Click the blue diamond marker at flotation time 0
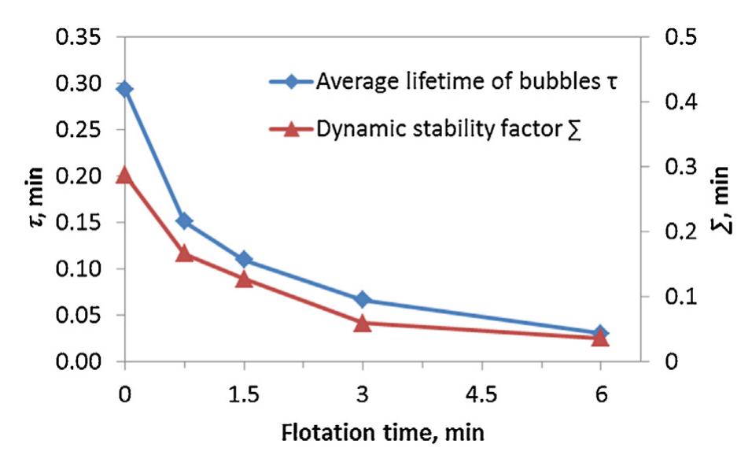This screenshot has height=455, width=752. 124,89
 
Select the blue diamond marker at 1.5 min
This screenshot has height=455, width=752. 244,260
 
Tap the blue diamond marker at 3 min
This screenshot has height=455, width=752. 363,300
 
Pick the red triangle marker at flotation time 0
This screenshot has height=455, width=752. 124,175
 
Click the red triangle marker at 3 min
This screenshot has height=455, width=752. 363,323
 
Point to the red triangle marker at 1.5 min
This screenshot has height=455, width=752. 244,279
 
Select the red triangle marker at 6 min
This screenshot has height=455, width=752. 600,337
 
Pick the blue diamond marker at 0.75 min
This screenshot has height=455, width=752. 184,221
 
